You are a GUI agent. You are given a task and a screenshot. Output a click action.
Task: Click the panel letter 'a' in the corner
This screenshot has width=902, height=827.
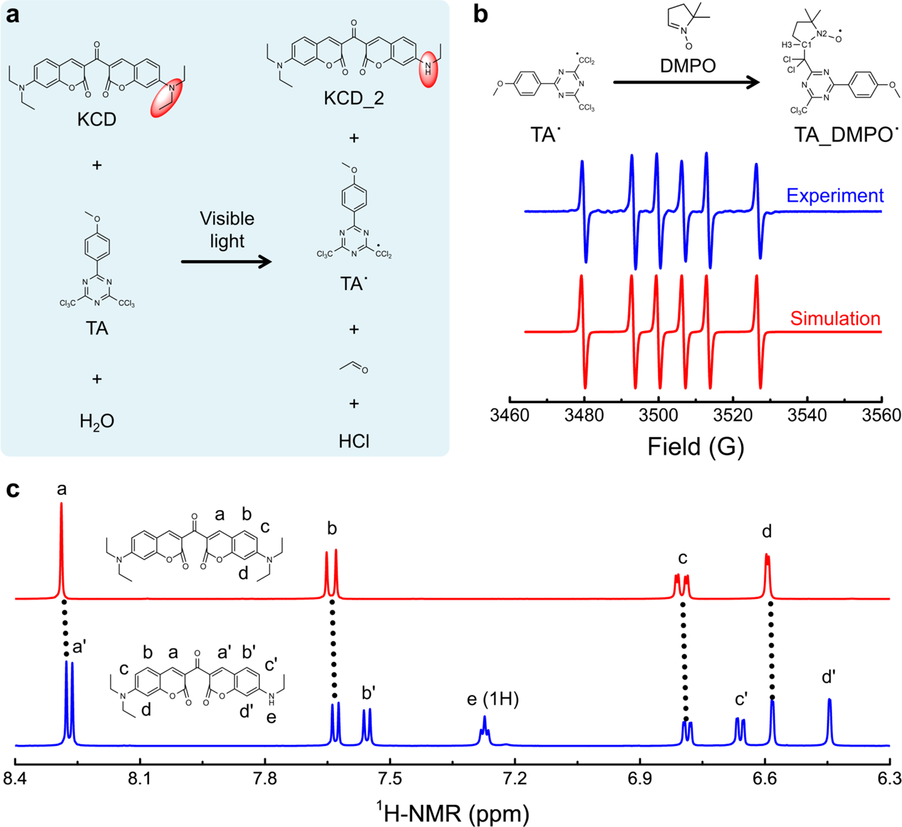(13, 15)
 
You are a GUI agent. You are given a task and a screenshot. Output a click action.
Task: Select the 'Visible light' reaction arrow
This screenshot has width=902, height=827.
(227, 261)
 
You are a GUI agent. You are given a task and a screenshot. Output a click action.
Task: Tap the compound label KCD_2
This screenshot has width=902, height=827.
(353, 98)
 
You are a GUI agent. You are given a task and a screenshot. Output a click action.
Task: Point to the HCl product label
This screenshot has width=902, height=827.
(353, 441)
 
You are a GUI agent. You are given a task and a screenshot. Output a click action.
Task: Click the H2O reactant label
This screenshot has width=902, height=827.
(97, 421)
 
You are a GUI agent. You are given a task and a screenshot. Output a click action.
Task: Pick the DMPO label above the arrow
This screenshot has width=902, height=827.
(688, 66)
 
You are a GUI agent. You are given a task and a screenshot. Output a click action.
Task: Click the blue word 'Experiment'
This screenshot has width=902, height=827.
(835, 195)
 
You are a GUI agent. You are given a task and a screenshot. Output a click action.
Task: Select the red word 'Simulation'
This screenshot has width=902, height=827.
(835, 318)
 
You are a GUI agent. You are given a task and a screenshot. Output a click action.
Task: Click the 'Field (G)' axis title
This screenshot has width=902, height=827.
(695, 446)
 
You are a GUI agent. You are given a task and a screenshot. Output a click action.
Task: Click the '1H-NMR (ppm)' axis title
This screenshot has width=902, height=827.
(452, 812)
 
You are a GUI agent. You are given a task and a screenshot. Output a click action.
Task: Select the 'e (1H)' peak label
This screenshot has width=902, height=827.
(492, 699)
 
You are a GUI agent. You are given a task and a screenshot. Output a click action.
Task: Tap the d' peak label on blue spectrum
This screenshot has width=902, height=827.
(829, 677)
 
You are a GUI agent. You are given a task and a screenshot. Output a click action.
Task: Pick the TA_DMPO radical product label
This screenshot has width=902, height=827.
(846, 135)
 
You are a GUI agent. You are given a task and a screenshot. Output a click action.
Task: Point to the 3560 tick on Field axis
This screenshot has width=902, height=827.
(881, 415)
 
